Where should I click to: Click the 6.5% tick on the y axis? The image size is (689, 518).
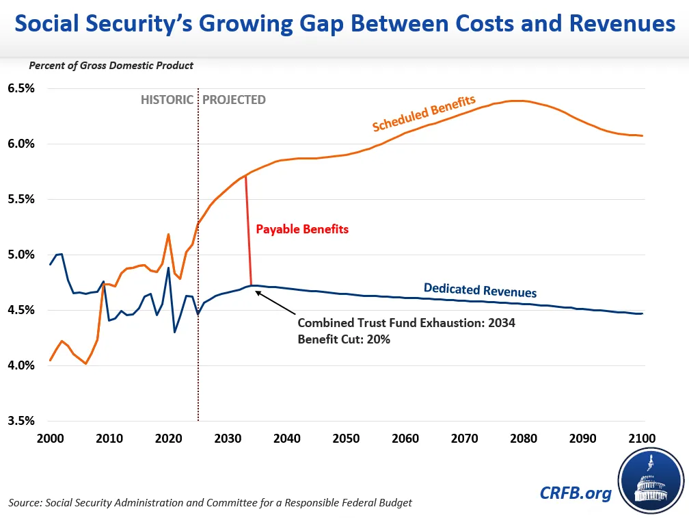(21, 89)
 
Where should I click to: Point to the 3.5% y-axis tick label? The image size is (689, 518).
(21, 421)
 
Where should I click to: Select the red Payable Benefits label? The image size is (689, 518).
(302, 229)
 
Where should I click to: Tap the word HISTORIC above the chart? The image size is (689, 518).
(167, 100)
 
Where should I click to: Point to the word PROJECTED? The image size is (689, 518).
(234, 100)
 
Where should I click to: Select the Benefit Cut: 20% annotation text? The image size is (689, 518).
(344, 339)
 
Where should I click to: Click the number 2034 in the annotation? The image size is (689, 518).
(501, 322)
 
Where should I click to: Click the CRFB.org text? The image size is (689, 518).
(576, 493)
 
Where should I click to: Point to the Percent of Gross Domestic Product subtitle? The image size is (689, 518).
(111, 66)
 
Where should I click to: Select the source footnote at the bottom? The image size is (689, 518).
(211, 503)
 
